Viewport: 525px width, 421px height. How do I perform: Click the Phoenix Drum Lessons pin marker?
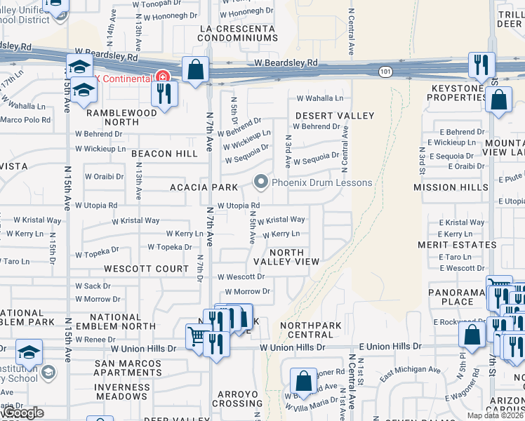(262, 183)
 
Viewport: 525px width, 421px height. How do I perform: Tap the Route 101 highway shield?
(385, 72)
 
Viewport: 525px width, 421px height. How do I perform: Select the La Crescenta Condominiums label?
(239, 33)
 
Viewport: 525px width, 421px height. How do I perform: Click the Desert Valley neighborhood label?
(335, 115)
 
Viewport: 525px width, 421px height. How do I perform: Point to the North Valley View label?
(287, 257)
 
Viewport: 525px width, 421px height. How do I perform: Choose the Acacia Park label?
(204, 187)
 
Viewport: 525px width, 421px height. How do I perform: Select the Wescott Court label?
(147, 269)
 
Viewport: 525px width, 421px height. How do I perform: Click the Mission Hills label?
(451, 187)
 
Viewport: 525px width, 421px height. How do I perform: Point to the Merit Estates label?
(457, 245)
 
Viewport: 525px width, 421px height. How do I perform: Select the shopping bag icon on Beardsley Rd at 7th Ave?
(195, 70)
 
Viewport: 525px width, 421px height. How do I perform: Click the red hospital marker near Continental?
(163, 76)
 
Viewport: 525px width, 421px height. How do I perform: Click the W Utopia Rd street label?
(229, 205)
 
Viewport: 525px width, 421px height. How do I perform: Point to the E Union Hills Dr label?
(390, 347)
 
